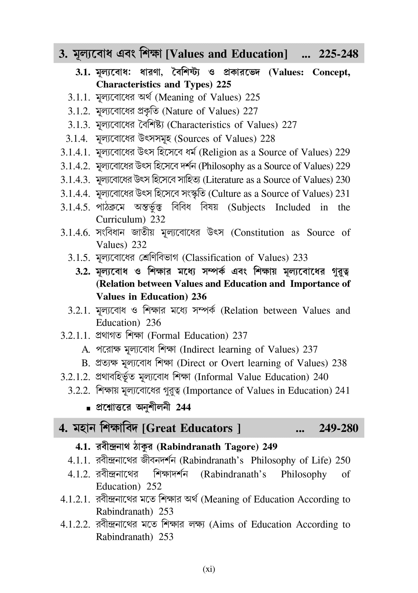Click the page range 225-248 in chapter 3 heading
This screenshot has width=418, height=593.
[338, 54]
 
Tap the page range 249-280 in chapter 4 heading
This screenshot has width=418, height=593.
[338, 428]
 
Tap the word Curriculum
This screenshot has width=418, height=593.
[120, 220]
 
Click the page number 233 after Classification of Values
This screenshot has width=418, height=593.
[300, 258]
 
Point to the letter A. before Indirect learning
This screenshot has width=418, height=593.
[86, 349]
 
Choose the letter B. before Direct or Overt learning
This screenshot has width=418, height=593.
[86, 363]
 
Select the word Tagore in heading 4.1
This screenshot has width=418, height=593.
[242, 447]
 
